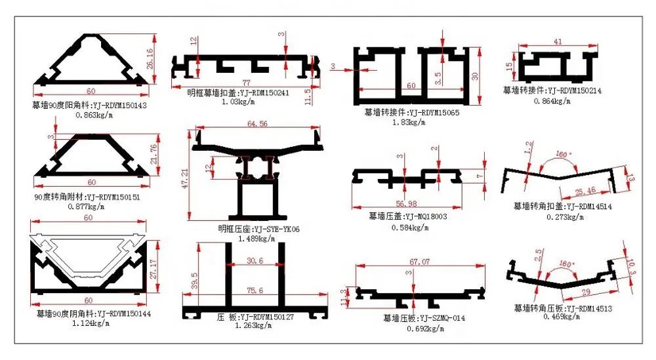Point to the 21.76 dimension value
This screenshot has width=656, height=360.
coord(152,155)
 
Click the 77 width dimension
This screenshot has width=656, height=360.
coord(247,83)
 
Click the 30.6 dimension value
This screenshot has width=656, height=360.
coord(255,261)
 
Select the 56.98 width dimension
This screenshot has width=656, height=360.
coord(403,202)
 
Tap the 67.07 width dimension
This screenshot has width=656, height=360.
coord(420,262)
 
